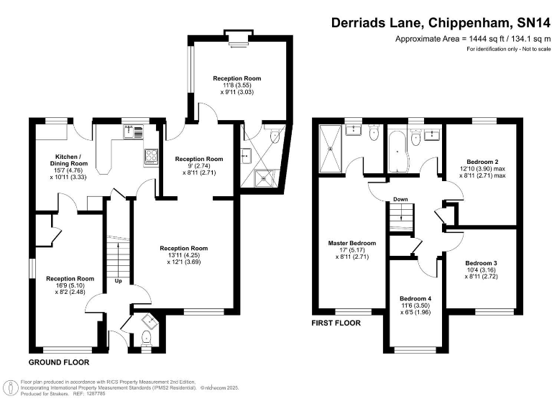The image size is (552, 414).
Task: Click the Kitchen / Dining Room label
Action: [74, 160]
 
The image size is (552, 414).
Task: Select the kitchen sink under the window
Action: [134, 132]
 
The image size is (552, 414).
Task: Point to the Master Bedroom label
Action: [352, 243]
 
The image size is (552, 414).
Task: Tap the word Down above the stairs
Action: [400, 200]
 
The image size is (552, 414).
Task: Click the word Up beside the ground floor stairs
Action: [119, 280]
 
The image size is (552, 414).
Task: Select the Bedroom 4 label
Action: [415, 298]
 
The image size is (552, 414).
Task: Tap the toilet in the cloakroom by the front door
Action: [146, 338]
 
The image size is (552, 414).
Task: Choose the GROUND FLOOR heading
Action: [59, 362]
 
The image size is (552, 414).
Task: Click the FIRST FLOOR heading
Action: [336, 323]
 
